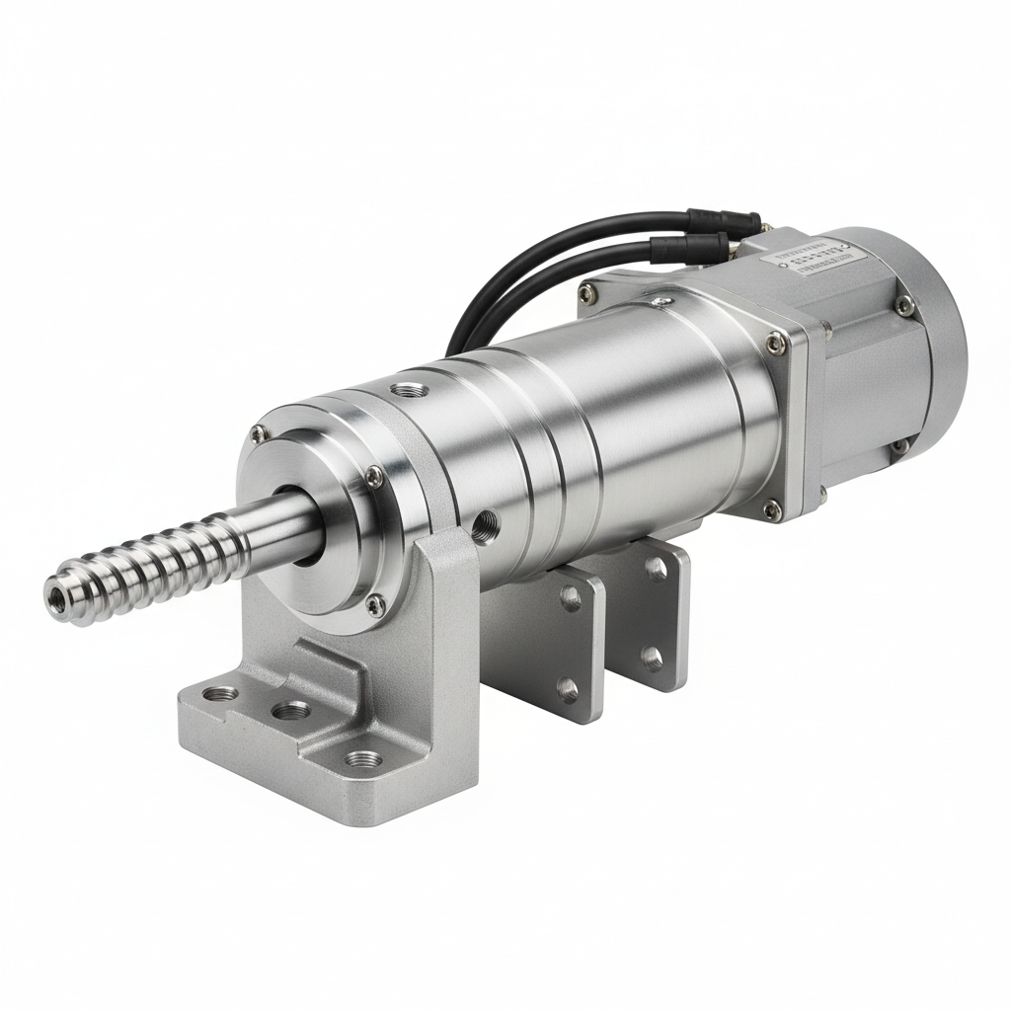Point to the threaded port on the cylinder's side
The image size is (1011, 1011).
485,521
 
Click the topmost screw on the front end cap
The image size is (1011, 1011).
259,432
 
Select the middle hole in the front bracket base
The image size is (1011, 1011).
290,710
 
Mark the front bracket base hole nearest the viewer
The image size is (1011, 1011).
364,760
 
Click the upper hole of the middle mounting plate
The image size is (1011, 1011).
571,596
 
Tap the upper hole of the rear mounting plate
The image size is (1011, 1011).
655,568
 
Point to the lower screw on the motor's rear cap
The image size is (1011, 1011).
899,447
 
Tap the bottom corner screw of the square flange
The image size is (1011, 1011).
772,509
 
